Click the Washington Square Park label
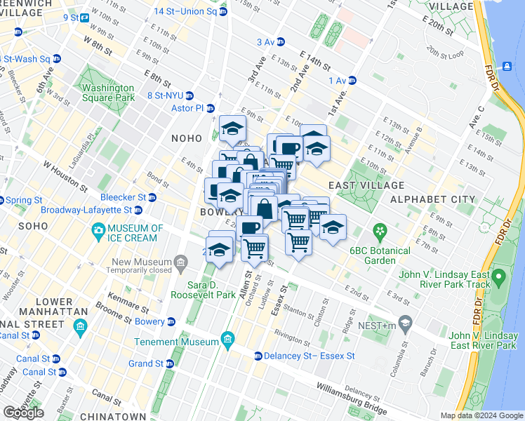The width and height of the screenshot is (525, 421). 107,93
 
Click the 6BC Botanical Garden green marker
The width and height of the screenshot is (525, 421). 380,230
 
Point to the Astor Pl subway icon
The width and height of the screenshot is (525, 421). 209,108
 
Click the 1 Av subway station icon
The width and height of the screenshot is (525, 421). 352,81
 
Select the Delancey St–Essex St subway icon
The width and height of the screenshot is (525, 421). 258,356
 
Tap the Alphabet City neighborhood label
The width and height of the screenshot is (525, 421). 443,199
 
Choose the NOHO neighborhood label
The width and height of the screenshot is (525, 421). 187,139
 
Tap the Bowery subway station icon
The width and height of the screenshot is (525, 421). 171,322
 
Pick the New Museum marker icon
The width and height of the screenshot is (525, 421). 181,264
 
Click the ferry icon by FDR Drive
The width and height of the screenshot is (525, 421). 506,67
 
